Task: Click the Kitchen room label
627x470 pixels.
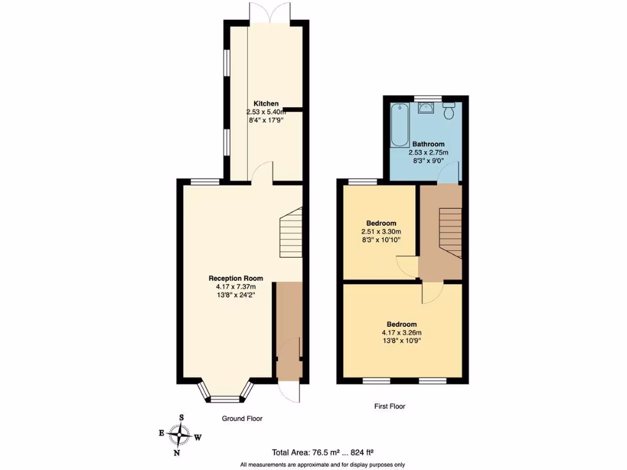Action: tap(266, 103)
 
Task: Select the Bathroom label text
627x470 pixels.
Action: tap(428, 144)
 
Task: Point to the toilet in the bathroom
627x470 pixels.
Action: tap(449, 111)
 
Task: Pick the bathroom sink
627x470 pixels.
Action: tap(427, 108)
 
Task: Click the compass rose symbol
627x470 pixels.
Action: tap(181, 435)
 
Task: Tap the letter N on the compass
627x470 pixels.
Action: tap(176, 453)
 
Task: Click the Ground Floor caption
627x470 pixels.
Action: tap(242, 419)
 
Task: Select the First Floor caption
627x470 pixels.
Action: tap(389, 406)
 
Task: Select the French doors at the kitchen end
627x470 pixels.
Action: tap(267, 12)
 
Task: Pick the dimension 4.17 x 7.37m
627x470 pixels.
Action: tap(235, 286)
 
